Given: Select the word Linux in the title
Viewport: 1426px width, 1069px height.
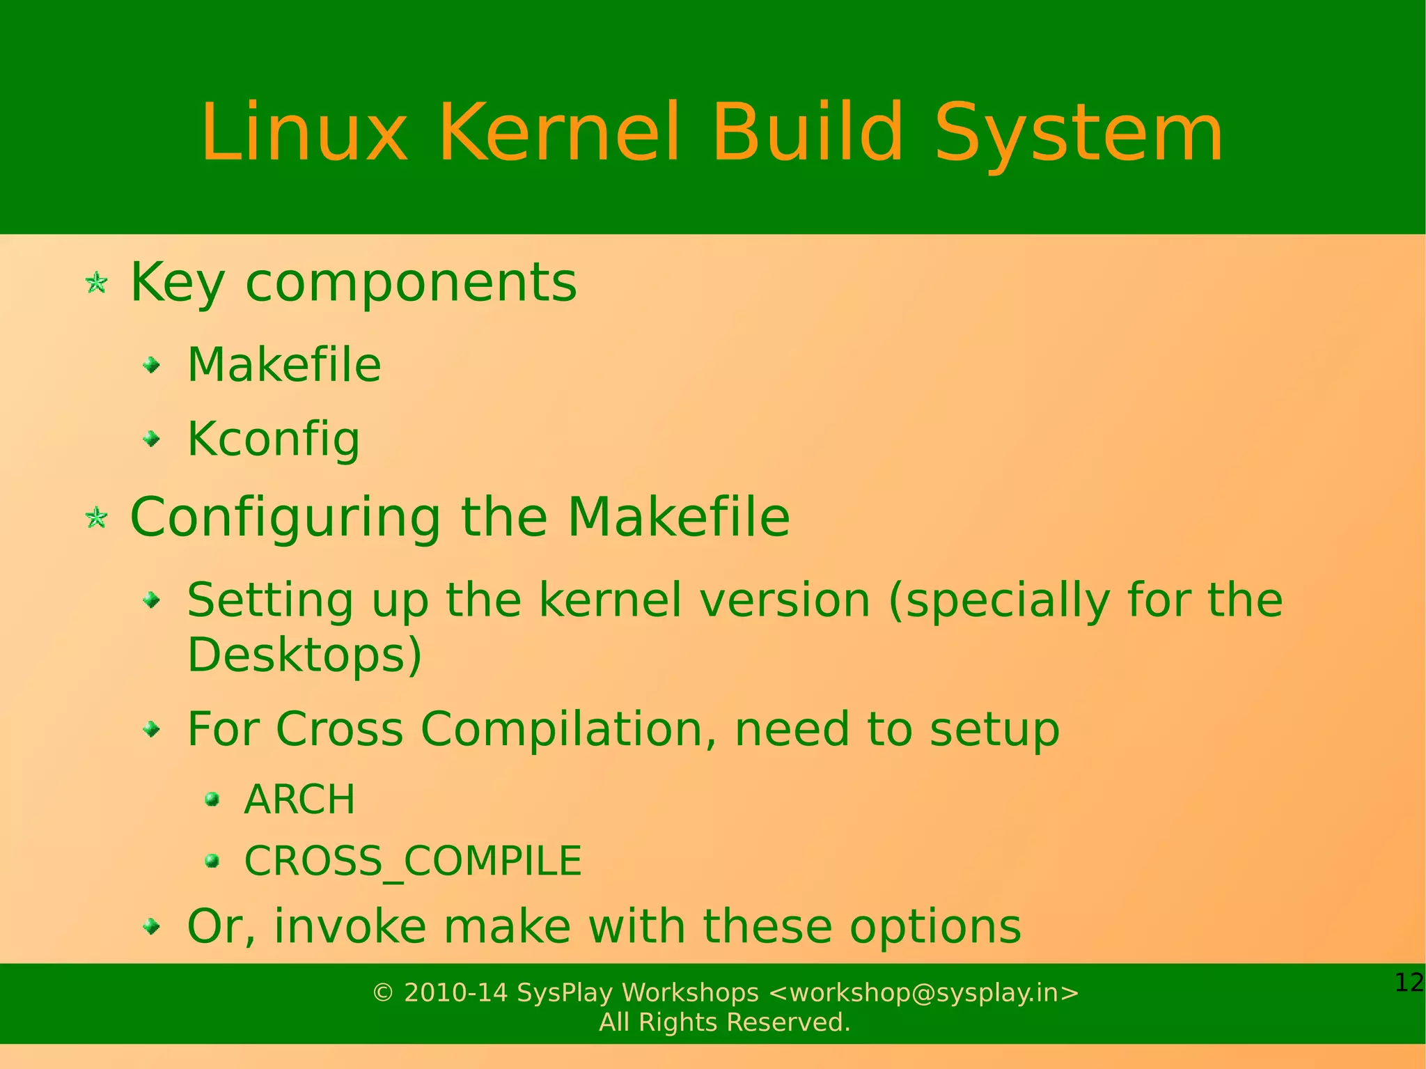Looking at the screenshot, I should click(304, 132).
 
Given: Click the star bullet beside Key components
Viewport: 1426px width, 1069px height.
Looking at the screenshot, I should click(96, 283).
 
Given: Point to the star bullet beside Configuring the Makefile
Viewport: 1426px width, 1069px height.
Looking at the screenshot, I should click(96, 517).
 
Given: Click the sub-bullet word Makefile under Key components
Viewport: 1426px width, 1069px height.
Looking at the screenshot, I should click(284, 365).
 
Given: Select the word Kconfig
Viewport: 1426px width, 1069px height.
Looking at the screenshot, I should click(274, 439).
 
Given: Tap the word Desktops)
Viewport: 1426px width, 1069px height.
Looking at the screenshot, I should click(304, 655).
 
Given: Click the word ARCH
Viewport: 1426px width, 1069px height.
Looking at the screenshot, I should click(299, 799).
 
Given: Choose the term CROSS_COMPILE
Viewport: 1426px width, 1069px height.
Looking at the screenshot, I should click(413, 861).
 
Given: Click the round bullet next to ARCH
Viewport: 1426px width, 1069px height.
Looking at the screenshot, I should click(212, 799).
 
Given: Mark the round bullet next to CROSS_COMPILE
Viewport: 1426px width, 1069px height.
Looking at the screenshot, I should click(212, 861).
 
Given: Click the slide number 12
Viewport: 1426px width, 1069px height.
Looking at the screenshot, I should click(1409, 983).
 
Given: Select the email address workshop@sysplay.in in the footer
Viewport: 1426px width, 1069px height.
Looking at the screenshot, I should click(924, 992).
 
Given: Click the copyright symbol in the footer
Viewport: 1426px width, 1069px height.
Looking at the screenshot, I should click(383, 992).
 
